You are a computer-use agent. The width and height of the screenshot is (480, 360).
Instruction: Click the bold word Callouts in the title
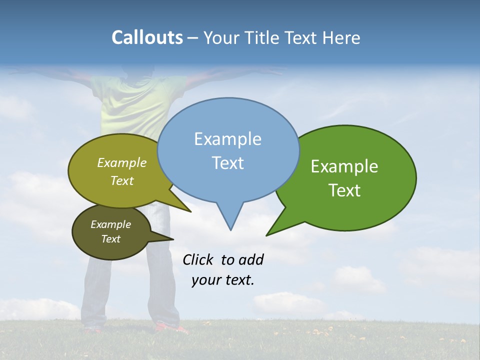(x=147, y=37)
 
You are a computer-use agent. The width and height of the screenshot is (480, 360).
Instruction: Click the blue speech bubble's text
(x=228, y=151)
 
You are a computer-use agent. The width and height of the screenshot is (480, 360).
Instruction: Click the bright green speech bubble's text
(x=344, y=178)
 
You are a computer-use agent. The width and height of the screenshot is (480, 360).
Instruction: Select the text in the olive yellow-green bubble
(x=122, y=171)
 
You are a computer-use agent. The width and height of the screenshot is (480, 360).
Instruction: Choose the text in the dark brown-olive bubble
(x=110, y=231)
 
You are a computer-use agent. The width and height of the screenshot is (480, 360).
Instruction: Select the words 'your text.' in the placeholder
(x=223, y=280)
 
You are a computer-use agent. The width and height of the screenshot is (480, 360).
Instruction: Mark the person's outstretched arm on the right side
(x=235, y=73)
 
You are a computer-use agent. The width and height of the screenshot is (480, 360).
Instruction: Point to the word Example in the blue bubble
(x=227, y=139)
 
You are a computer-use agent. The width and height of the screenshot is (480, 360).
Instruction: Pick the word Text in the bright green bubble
(x=345, y=190)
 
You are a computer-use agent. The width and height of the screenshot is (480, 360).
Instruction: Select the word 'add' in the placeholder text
(x=251, y=259)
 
